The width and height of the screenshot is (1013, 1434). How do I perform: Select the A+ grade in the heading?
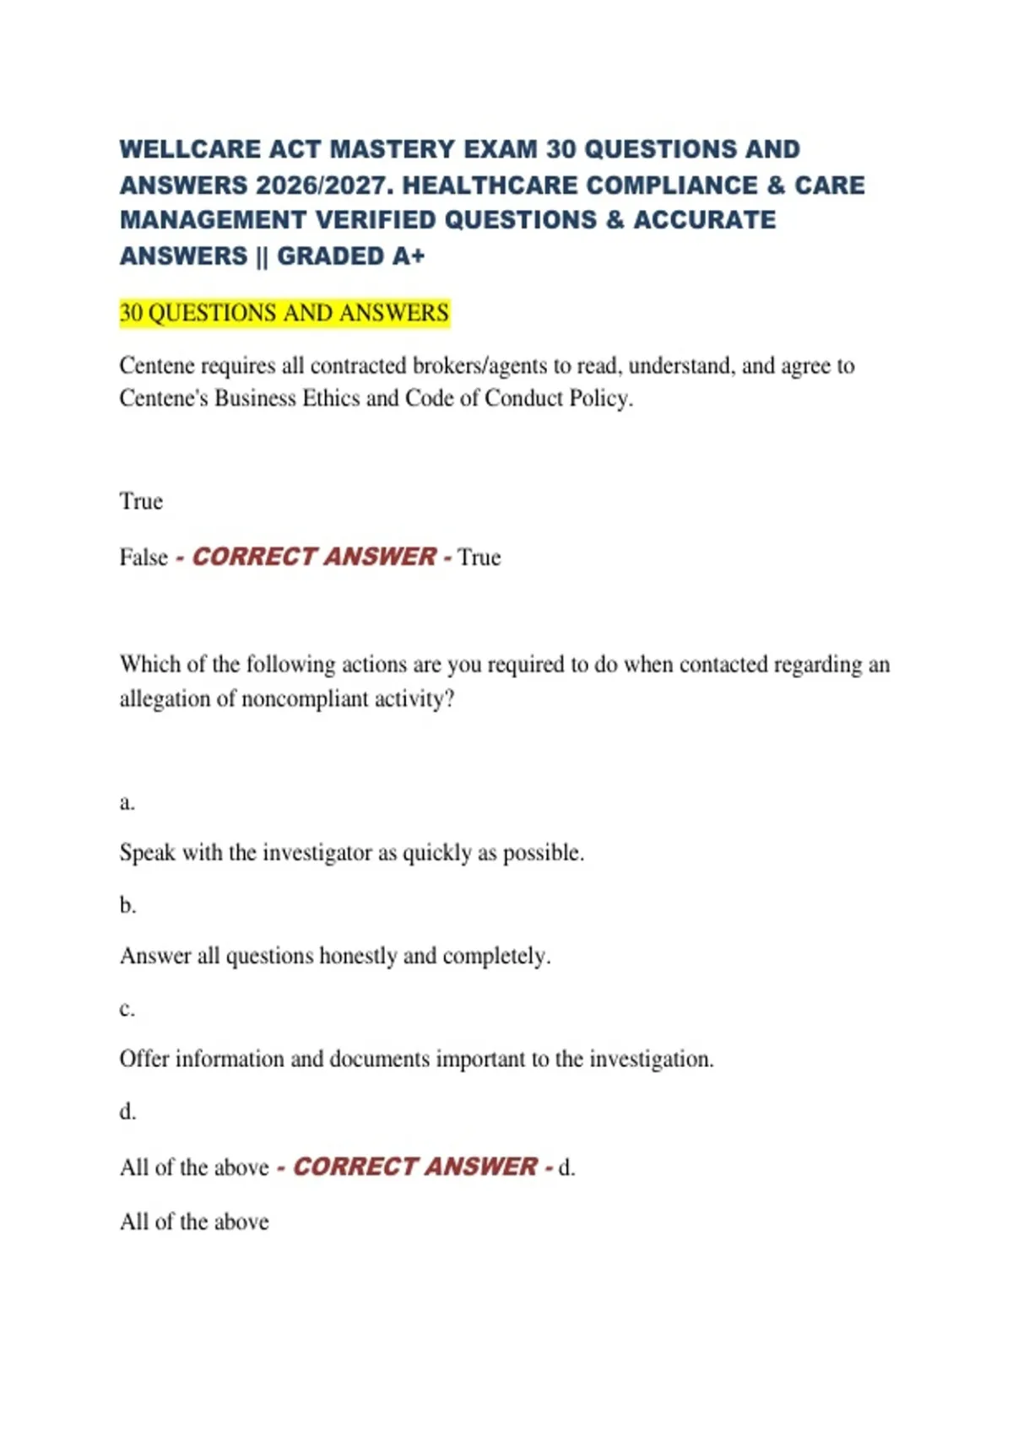point(409,256)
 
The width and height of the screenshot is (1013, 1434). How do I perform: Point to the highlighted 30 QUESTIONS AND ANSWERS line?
point(284,313)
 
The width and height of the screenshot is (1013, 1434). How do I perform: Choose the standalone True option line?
point(141,501)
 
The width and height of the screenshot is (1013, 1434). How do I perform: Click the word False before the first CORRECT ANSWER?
point(144,558)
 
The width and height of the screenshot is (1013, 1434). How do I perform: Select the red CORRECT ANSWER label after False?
point(314,557)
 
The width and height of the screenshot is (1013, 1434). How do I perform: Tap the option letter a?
point(127,802)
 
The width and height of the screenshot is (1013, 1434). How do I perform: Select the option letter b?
point(127,905)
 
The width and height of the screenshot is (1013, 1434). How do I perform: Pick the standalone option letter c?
point(127,1009)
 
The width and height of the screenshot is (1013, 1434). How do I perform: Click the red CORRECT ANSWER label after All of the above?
point(414,1167)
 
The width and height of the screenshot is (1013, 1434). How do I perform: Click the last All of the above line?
point(194,1221)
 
